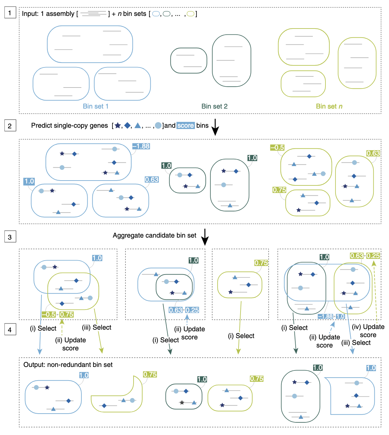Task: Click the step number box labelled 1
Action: (10, 13)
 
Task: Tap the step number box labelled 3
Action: (10, 237)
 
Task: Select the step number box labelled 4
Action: (10, 329)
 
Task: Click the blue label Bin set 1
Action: (96, 106)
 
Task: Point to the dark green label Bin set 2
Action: (214, 106)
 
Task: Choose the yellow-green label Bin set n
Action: (329, 106)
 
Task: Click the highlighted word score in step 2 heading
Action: (185, 125)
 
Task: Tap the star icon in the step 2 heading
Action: (118, 125)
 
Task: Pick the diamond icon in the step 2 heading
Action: (127, 125)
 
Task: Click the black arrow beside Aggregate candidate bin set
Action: (205, 237)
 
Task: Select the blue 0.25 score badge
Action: (192, 310)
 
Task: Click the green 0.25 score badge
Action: (373, 256)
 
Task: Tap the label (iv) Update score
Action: (368, 331)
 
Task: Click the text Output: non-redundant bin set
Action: (68, 365)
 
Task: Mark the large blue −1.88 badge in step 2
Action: (141, 146)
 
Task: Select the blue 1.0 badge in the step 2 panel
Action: (29, 181)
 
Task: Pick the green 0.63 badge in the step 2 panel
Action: (373, 153)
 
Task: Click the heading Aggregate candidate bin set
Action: (154, 236)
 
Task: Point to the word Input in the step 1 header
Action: (29, 14)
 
